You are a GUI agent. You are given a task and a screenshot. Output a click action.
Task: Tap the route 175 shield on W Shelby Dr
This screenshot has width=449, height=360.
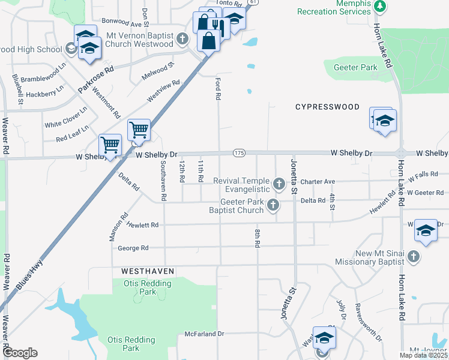(239, 154)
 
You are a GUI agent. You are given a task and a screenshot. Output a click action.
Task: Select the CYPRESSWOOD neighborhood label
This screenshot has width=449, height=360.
(327, 107)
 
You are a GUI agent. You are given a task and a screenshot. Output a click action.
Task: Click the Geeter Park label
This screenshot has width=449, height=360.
(356, 67)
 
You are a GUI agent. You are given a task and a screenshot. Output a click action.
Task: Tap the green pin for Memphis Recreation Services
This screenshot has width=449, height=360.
(379, 6)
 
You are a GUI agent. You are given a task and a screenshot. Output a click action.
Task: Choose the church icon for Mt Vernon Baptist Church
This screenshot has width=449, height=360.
(184, 39)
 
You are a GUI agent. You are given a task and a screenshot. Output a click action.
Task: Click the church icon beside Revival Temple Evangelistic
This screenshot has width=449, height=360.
(278, 183)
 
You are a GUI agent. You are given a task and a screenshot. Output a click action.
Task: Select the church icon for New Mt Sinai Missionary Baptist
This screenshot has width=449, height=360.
(412, 257)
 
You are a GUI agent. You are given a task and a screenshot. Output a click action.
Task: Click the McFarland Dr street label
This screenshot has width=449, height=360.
(204, 334)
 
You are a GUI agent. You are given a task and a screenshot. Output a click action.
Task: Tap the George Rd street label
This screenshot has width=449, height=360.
(133, 248)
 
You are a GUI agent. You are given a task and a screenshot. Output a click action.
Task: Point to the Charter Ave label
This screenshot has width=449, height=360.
(318, 181)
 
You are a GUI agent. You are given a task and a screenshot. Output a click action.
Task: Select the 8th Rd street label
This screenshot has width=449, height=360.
(257, 237)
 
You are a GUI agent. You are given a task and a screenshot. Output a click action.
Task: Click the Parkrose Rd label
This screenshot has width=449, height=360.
(95, 80)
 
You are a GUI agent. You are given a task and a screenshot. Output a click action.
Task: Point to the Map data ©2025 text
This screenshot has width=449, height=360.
(423, 355)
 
